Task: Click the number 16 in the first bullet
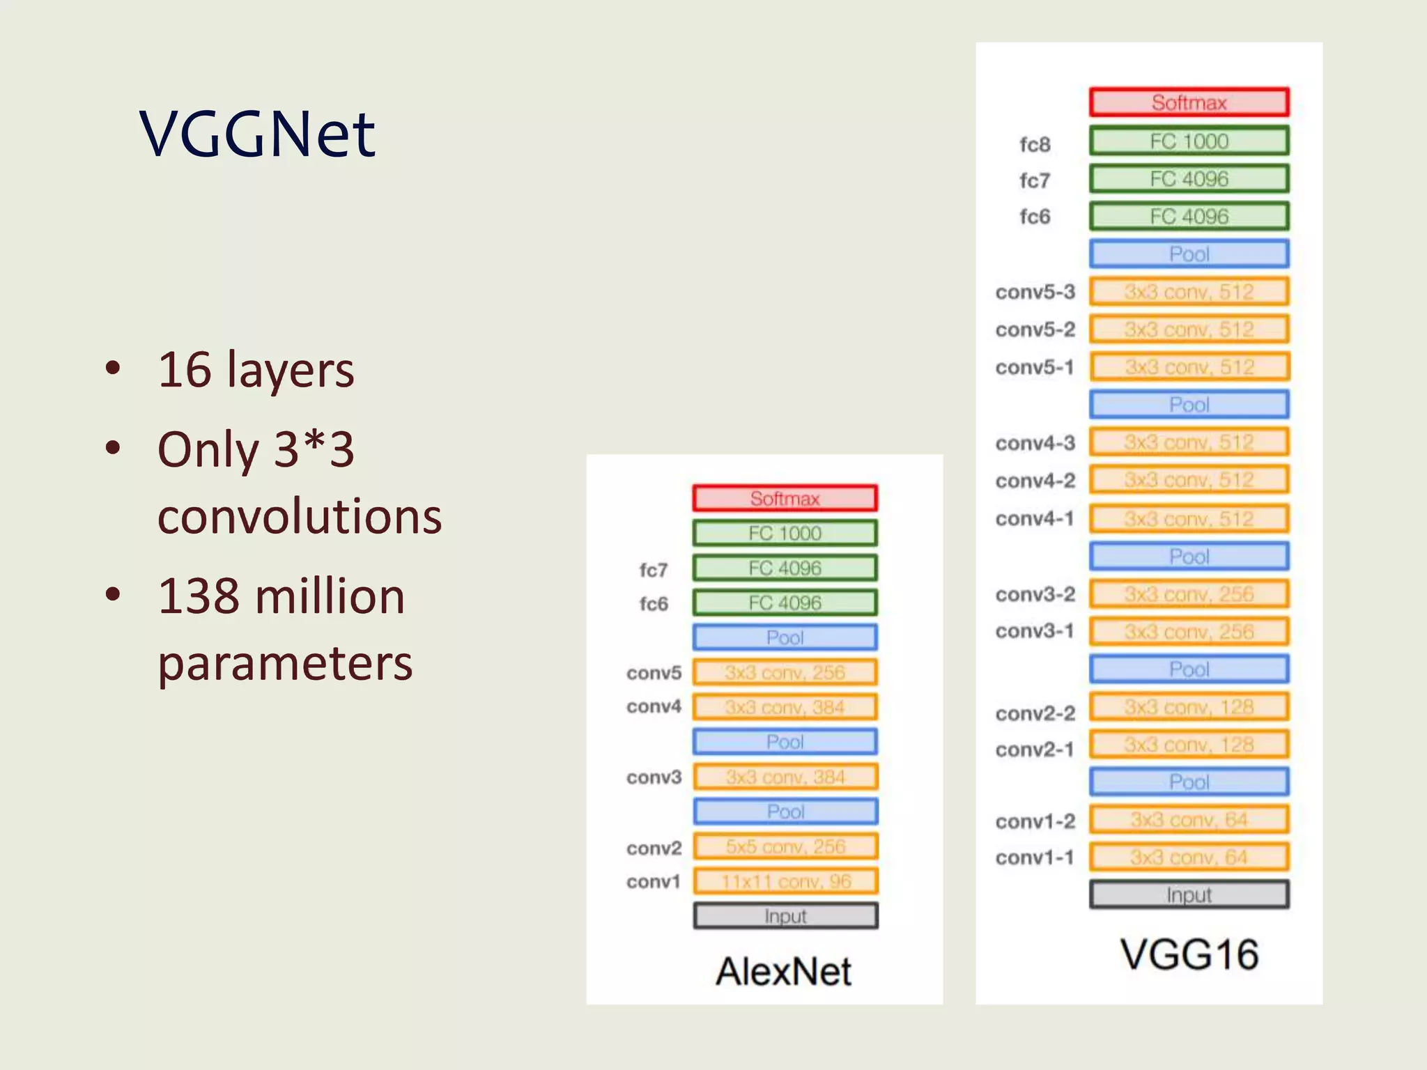185,369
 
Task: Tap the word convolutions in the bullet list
300,516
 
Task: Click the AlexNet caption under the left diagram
783,971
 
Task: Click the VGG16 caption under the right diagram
1189,954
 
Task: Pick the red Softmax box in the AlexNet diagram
785,498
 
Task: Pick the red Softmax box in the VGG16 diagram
1189,102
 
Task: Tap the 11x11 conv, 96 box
785,881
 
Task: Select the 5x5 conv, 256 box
785,846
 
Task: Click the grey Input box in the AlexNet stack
785,916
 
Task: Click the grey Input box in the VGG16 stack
1189,894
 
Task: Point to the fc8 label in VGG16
1035,144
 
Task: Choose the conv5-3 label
1035,292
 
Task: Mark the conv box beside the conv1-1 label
1189,857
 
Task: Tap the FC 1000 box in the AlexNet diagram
785,533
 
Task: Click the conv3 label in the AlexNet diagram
654,777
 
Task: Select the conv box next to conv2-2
1189,707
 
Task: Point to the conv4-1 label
1035,518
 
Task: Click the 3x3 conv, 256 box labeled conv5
785,672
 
